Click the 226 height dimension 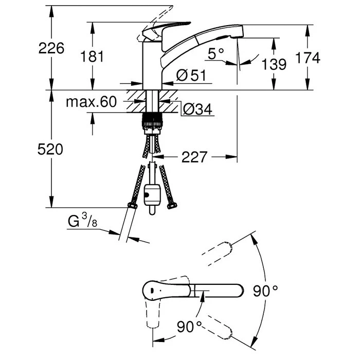click(51, 48)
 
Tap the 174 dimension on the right click(309, 58)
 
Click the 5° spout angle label click(217, 52)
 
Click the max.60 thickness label click(91, 102)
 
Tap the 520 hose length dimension click(51, 150)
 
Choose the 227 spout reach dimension click(194, 156)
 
